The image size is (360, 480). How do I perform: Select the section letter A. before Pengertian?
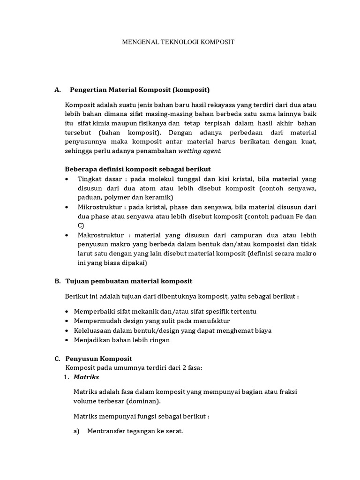[58, 89]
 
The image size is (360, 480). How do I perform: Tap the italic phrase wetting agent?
[199, 151]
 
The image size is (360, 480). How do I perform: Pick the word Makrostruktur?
[98, 235]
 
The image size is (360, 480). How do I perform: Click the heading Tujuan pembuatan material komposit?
[129, 281]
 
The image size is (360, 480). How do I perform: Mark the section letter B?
[58, 281]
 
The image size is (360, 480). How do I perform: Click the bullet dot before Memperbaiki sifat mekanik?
[68, 311]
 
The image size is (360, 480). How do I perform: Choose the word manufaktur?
[210, 321]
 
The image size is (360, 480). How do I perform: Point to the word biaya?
[261, 330]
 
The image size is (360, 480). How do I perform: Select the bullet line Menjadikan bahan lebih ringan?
[122, 340]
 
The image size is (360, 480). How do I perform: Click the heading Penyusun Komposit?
[99, 359]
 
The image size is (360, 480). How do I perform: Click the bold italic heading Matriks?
[86, 377]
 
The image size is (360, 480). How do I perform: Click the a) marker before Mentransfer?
[77, 431]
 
